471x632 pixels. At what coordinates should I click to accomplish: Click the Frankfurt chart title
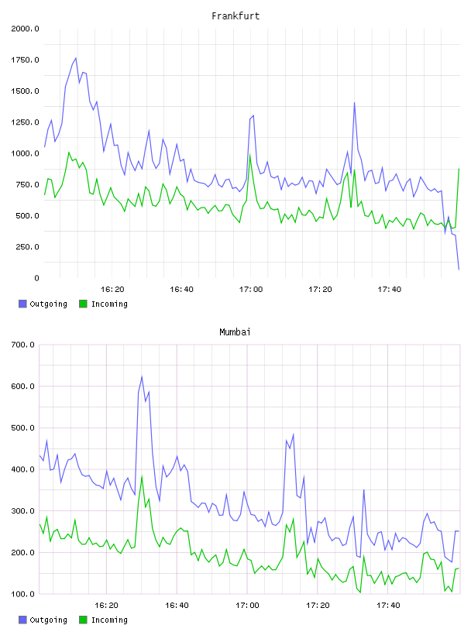(235, 16)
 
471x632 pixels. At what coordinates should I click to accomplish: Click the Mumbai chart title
(235, 332)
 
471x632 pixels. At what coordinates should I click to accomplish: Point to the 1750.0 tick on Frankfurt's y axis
(25, 60)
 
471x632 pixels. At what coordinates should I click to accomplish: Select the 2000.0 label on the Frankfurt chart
(25, 29)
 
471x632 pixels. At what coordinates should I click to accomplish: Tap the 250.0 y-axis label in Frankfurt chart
(27, 247)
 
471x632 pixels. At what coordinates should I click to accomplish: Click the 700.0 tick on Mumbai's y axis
(22, 345)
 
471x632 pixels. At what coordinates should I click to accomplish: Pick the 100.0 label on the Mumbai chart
(22, 594)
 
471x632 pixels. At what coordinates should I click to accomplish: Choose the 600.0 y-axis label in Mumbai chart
(22, 386)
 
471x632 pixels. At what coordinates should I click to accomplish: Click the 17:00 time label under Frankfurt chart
(251, 290)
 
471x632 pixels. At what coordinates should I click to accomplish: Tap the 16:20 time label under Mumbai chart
(106, 606)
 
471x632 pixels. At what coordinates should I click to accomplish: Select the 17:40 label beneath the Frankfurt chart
(390, 290)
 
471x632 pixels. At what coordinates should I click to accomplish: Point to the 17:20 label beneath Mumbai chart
(318, 606)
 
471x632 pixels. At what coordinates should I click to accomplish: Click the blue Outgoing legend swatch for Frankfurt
(22, 304)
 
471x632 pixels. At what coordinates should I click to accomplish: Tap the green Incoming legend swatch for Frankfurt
(83, 304)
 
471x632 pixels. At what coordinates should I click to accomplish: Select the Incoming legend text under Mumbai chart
(109, 620)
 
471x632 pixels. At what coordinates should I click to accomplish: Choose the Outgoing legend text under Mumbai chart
(48, 620)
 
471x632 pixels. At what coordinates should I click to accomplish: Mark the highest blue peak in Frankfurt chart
(75, 58)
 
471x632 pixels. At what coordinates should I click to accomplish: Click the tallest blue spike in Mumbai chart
(142, 377)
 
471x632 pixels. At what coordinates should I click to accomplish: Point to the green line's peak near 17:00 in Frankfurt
(250, 155)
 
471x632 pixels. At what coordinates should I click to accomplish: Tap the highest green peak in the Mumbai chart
(142, 476)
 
